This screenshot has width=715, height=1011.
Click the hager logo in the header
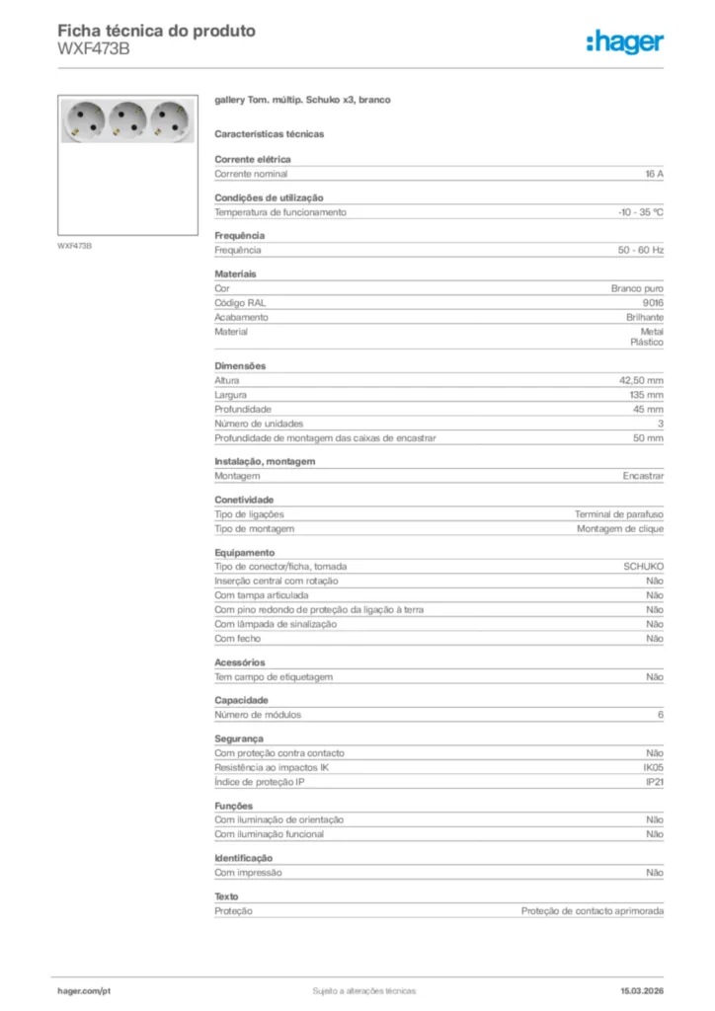coord(624,41)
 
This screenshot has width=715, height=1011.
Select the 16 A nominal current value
coord(654,174)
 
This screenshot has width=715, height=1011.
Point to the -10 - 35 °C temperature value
coord(640,212)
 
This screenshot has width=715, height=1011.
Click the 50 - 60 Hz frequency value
coord(641,250)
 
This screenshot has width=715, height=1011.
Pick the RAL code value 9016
coord(653,303)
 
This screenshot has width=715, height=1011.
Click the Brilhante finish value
coord(645,318)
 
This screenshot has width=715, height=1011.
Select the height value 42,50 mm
coord(642,380)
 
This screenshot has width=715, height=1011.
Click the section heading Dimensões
coord(240,366)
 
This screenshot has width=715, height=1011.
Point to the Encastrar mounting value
coord(643,476)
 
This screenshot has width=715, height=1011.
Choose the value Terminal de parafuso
coord(619,514)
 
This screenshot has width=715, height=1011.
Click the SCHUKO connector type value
coord(643,567)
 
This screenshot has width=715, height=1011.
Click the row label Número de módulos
coord(258,715)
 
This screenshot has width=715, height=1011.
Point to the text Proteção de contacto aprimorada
coord(593,911)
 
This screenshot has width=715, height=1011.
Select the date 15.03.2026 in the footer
coord(642,990)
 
